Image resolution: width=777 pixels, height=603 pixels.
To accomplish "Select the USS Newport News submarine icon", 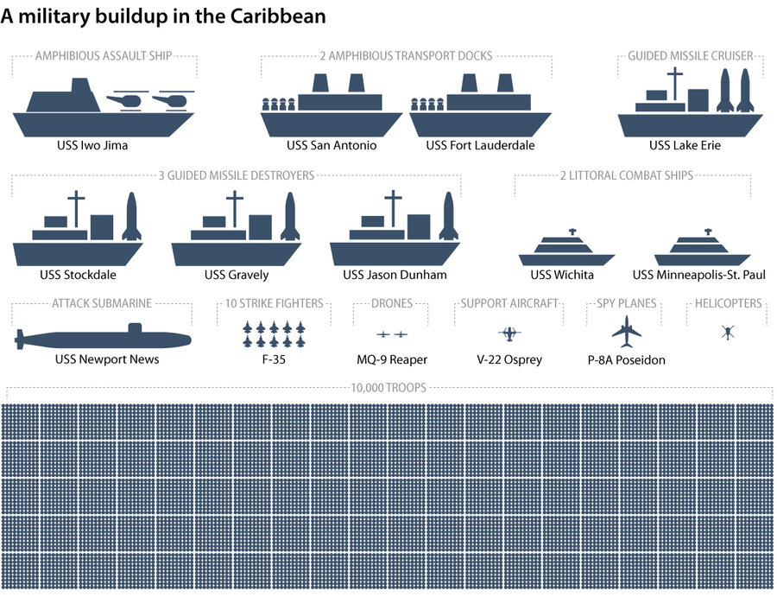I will [104, 339].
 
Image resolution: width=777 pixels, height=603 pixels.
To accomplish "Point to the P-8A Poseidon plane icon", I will [627, 330].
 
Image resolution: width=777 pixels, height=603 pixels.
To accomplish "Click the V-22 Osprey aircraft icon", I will [509, 333].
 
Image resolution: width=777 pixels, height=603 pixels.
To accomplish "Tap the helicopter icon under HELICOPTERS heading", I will [727, 332].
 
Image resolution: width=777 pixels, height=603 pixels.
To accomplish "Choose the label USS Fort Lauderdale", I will [480, 145].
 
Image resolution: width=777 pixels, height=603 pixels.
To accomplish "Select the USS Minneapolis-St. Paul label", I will [699, 275].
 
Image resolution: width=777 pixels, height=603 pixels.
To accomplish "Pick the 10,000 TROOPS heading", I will [388, 388].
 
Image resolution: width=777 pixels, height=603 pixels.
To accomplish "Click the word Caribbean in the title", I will [281, 17].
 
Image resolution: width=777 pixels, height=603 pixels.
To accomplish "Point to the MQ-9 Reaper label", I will [392, 359].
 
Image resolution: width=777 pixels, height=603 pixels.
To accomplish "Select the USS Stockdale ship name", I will [78, 275].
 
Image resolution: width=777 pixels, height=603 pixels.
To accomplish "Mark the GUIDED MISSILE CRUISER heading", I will [691, 56].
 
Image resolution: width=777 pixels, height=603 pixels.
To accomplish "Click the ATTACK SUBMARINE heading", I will [102, 303].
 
